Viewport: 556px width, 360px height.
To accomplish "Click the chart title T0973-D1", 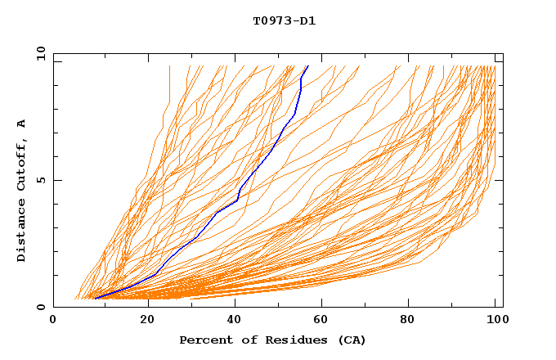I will pyautogui.click(x=284, y=20).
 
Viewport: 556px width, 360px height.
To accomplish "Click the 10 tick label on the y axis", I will pyautogui.click(x=40, y=54).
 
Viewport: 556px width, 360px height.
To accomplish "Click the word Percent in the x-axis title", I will pyautogui.click(x=204, y=340).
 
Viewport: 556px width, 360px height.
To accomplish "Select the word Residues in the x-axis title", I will pyautogui.click(x=284, y=340).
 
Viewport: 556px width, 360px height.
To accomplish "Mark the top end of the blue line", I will pyautogui.click(x=307, y=66).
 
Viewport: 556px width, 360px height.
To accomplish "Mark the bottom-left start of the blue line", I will pyautogui.click(x=96, y=299).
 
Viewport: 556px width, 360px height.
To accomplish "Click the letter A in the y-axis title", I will pyautogui.click(x=21, y=123).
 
